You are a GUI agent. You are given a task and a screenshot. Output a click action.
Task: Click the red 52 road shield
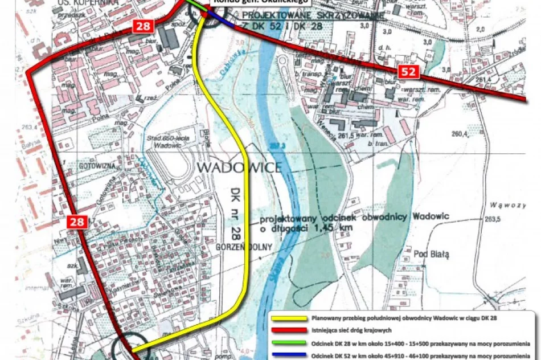point(408,71)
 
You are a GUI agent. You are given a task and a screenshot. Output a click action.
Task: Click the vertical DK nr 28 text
point(235,211)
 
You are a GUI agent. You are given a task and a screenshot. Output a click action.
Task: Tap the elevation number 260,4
point(460,134)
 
